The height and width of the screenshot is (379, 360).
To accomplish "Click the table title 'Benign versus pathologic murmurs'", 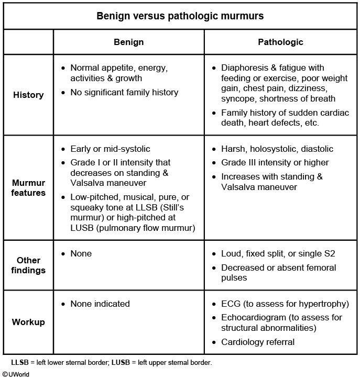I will point(180,16).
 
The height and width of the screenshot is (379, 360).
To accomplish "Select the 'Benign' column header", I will point(128,42).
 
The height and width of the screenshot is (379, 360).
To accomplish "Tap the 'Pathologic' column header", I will point(280,42).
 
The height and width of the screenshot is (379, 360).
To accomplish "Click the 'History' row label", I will point(28,95).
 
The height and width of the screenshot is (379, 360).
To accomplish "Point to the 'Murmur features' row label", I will point(28,187).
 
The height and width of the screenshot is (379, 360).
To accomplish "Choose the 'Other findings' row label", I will point(28,265).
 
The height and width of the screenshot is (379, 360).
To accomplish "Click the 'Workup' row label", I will point(28,321).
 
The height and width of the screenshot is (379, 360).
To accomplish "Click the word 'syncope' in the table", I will point(238,99).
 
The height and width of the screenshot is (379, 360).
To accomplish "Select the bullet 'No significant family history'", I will point(124,92).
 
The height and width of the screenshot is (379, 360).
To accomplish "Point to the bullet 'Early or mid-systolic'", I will point(110,149).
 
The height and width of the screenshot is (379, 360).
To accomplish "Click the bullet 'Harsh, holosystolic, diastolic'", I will point(277,149).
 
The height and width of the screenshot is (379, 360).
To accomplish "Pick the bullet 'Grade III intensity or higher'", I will point(275,162).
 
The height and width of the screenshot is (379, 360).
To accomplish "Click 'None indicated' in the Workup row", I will point(100,304).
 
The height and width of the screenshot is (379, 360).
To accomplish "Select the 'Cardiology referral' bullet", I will point(258,342).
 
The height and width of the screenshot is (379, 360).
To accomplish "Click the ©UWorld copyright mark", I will point(16,374).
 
